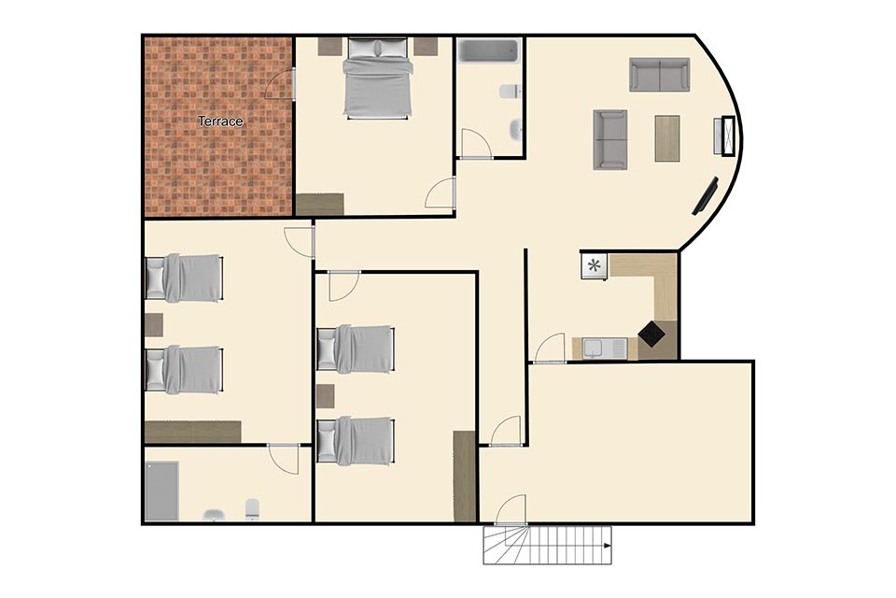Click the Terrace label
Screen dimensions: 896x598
tap(220, 121)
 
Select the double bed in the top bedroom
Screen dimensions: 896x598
tap(377, 78)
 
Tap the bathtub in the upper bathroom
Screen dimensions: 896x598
tap(489, 51)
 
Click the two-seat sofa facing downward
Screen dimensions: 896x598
tap(660, 75)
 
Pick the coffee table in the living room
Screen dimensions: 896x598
tap(666, 138)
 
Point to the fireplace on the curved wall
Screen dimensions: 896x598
tap(727, 135)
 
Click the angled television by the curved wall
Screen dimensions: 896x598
tap(706, 196)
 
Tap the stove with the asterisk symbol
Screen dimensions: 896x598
tap(595, 265)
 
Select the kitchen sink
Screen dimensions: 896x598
tap(604, 348)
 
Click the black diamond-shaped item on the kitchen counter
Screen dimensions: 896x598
tap(651, 334)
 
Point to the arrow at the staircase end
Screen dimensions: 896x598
tap(607, 546)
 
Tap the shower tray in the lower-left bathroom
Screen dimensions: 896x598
tap(161, 491)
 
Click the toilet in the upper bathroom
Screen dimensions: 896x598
tap(511, 92)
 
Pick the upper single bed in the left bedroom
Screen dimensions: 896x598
tap(184, 278)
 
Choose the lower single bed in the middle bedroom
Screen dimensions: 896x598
tap(356, 441)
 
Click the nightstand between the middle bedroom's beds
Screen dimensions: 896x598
tap(325, 396)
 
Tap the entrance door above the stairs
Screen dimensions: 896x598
tap(511, 510)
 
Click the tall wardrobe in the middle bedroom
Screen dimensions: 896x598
tap(465, 477)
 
